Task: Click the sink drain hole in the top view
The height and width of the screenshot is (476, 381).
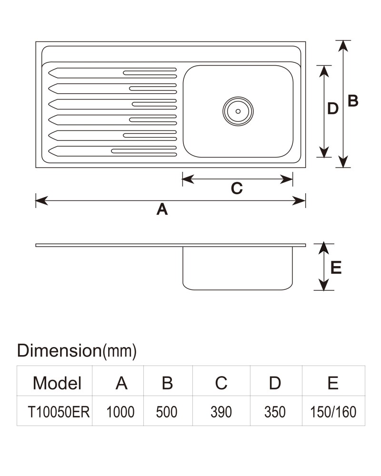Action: pyautogui.click(x=238, y=111)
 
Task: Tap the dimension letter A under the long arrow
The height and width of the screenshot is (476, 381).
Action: pyautogui.click(x=162, y=209)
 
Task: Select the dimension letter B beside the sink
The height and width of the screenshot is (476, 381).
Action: pyautogui.click(x=353, y=101)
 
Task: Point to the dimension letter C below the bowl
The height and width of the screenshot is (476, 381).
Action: pyautogui.click(x=237, y=188)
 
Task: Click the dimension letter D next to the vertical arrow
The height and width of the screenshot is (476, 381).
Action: pyautogui.click(x=333, y=109)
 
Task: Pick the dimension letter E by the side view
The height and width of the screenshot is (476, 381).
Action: pyautogui.click(x=336, y=268)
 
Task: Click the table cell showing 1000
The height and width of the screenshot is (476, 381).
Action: pyautogui.click(x=120, y=412)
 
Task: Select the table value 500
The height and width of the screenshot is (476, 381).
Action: pyautogui.click(x=167, y=412)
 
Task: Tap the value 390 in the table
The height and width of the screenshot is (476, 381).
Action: pyautogui.click(x=221, y=412)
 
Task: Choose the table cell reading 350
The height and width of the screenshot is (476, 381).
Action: pyautogui.click(x=275, y=412)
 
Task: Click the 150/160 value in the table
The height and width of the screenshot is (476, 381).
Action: pyautogui.click(x=333, y=412)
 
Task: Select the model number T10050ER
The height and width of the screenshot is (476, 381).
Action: pyautogui.click(x=59, y=412)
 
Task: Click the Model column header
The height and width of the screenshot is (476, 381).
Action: pyautogui.click(x=57, y=383)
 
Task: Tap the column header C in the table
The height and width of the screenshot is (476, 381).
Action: pyautogui.click(x=221, y=383)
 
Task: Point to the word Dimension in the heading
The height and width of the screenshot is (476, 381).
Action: pyautogui.click(x=59, y=350)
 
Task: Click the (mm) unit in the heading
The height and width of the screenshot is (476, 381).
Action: pyautogui.click(x=120, y=351)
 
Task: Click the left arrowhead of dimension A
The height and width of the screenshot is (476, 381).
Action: pyautogui.click(x=41, y=200)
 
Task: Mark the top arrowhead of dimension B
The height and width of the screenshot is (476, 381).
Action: pyautogui.click(x=343, y=46)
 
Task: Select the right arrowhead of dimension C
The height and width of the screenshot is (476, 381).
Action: pyautogui.click(x=287, y=179)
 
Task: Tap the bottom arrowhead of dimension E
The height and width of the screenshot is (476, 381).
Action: pyautogui.click(x=324, y=285)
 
